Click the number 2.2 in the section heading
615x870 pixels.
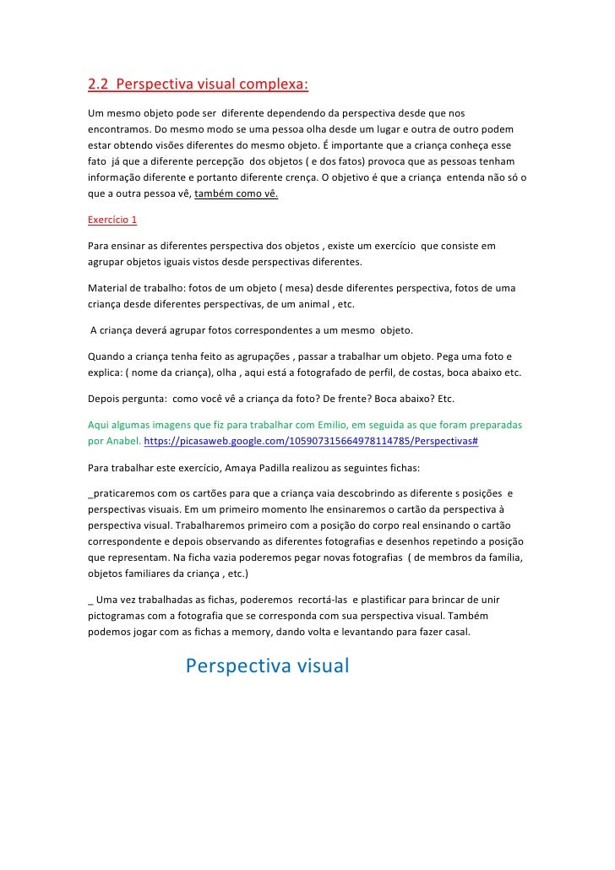[99, 85]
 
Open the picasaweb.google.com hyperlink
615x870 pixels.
[312, 441]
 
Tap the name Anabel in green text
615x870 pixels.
[120, 441]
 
